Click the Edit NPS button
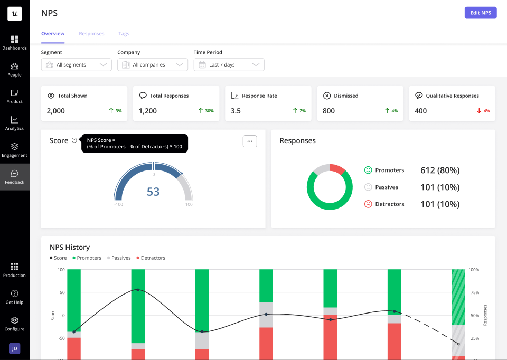pyautogui.click(x=480, y=13)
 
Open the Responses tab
pyautogui.click(x=91, y=34)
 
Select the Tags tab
pyautogui.click(x=124, y=34)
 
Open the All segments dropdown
pyautogui.click(x=77, y=64)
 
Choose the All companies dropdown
pyautogui.click(x=153, y=64)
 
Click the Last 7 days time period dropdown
pyautogui.click(x=229, y=64)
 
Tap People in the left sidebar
pyautogui.click(x=14, y=69)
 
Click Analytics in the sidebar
pyautogui.click(x=14, y=123)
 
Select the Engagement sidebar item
pyautogui.click(x=14, y=150)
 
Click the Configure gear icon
pyautogui.click(x=14, y=320)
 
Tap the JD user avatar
pyautogui.click(x=14, y=348)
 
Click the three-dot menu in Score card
pyautogui.click(x=250, y=141)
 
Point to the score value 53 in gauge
pyautogui.click(x=153, y=192)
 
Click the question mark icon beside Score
pyautogui.click(x=74, y=140)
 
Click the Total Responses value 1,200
pyautogui.click(x=148, y=111)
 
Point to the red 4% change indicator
pyautogui.click(x=483, y=111)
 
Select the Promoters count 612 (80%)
pyautogui.click(x=440, y=170)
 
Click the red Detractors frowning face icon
pyautogui.click(x=368, y=204)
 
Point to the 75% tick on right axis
pyautogui.click(x=474, y=292)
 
